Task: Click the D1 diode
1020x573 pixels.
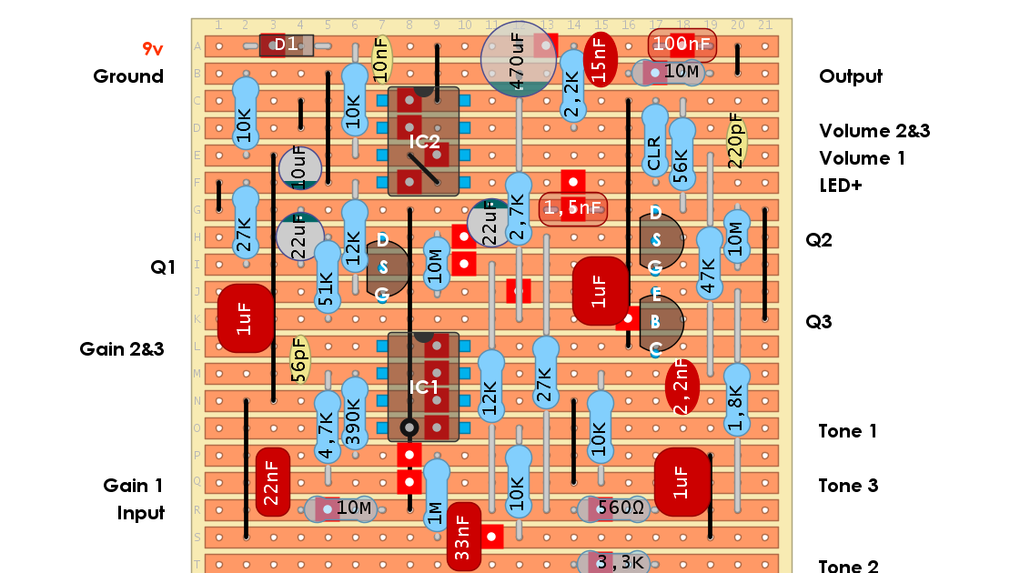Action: (286, 45)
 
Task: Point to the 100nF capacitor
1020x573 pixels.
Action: (682, 44)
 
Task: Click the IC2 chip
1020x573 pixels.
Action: (423, 142)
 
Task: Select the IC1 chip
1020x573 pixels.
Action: (423, 387)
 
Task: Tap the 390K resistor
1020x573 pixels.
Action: (354, 414)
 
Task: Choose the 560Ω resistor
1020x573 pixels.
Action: (612, 509)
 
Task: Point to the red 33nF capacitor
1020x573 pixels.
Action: (463, 537)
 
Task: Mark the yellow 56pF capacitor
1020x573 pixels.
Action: (299, 360)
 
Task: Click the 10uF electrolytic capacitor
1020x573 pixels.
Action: (299, 168)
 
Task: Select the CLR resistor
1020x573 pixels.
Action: (654, 141)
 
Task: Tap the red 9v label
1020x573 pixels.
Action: (152, 49)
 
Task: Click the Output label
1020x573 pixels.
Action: (851, 76)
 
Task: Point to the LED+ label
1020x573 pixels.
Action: (841, 186)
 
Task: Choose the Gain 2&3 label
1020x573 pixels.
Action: (122, 349)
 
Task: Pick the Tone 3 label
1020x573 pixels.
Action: (848, 486)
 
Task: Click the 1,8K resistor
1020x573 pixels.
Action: (736, 400)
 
